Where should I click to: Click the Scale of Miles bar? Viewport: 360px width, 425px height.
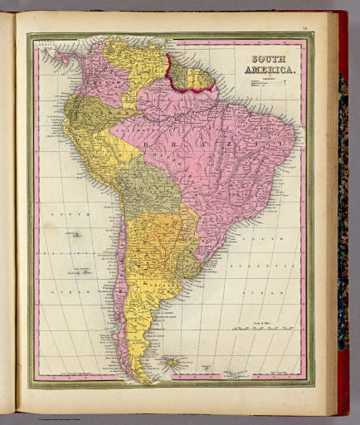pos(260,328)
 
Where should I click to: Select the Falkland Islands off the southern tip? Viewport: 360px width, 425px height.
pos(175,364)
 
